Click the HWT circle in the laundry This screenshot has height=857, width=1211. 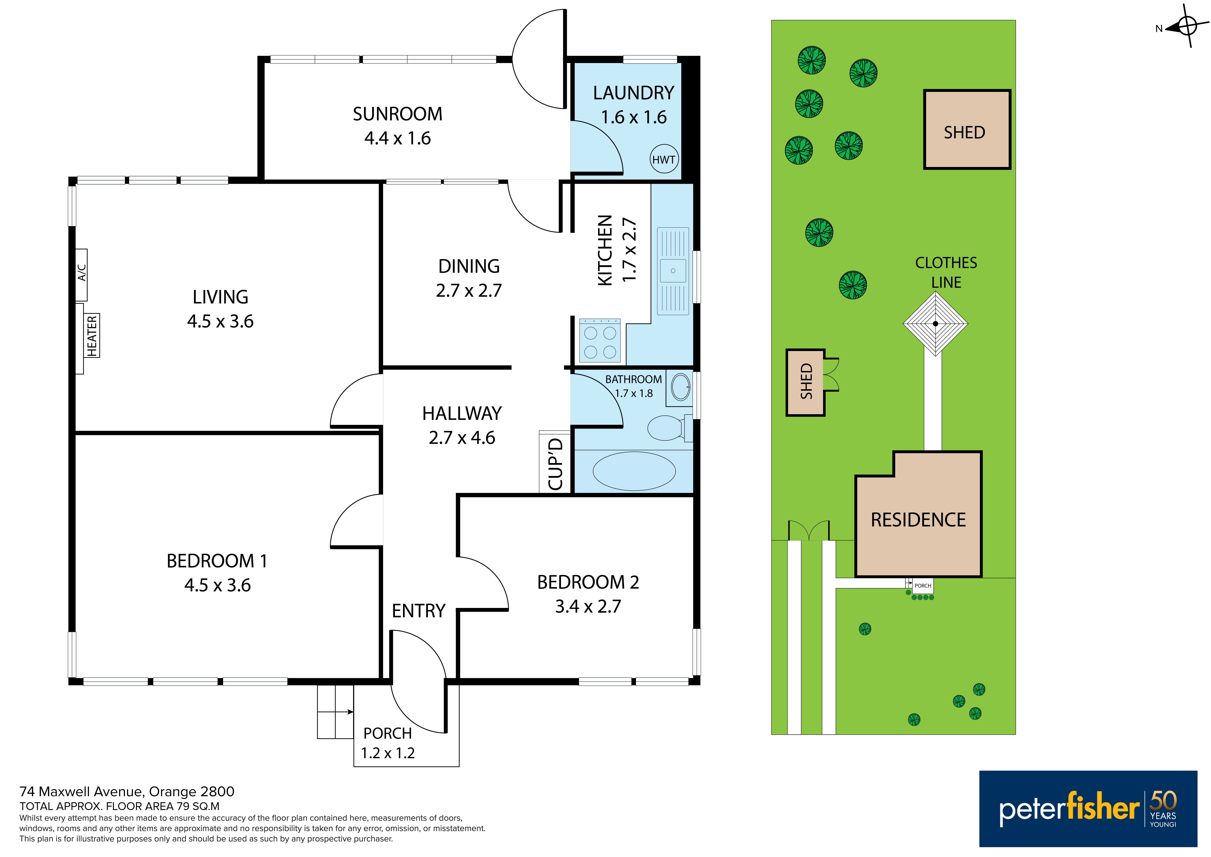(x=663, y=159)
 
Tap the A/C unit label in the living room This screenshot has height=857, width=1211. (x=82, y=273)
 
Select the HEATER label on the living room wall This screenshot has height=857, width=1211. (x=92, y=336)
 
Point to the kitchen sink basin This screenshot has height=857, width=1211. (x=673, y=271)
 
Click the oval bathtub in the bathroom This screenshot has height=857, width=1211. (x=634, y=471)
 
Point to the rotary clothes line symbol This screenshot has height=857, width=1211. (x=935, y=323)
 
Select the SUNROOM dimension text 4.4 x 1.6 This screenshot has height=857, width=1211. (x=398, y=138)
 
